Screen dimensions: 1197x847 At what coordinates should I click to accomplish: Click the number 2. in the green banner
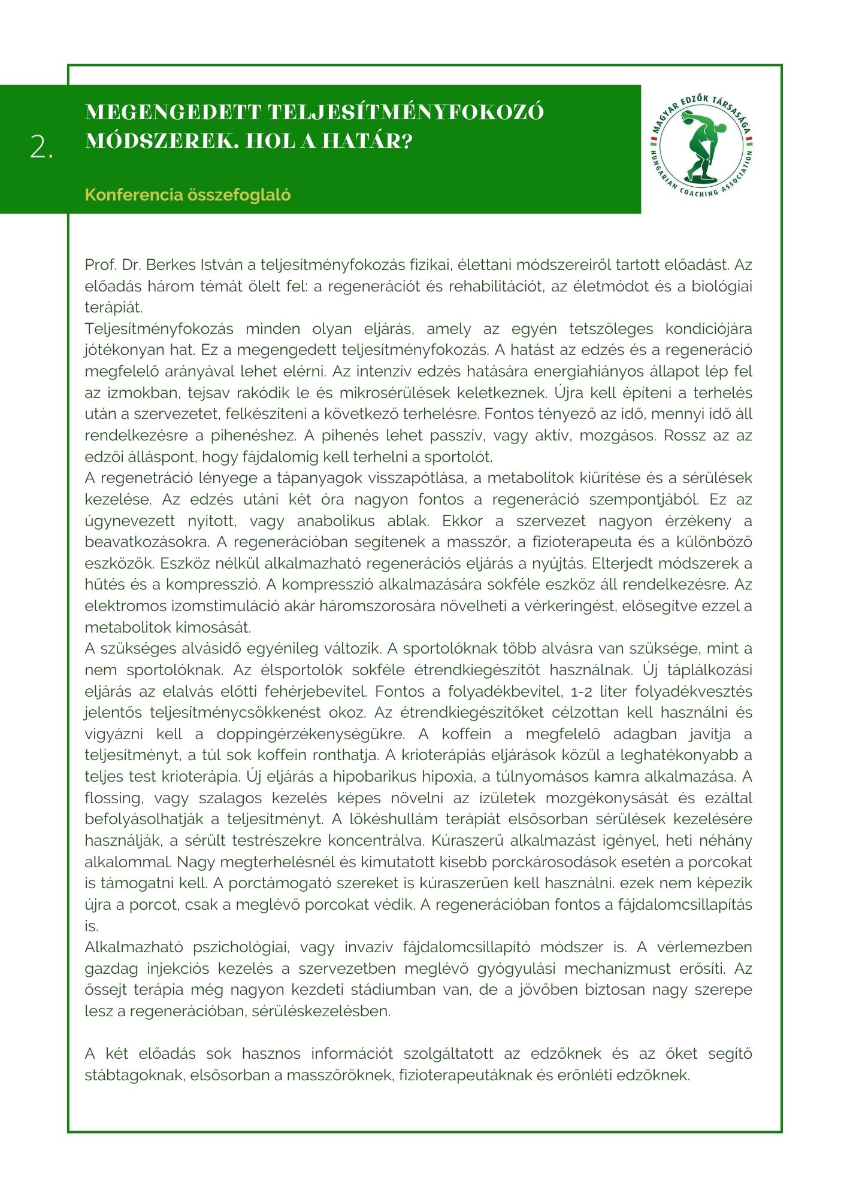41,147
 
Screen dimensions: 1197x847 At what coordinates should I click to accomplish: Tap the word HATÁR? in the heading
379,141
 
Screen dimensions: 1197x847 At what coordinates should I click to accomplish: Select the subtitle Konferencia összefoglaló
187,195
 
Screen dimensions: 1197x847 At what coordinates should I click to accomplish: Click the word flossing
114,798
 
